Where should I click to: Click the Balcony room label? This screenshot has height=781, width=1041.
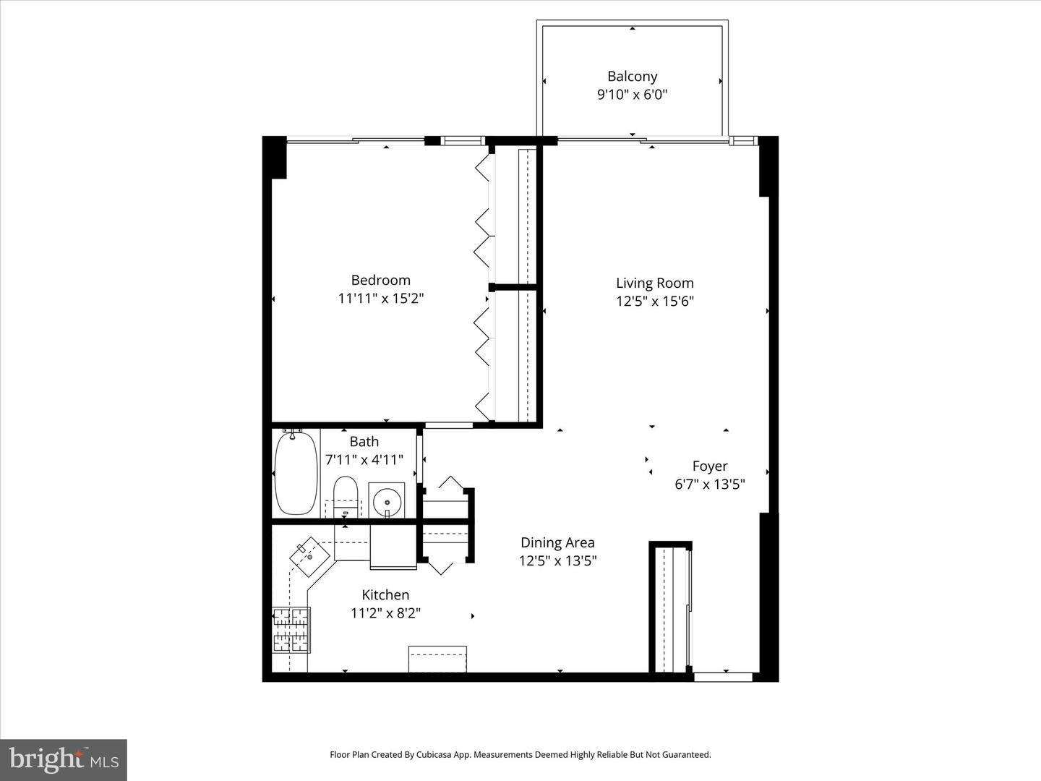(x=632, y=76)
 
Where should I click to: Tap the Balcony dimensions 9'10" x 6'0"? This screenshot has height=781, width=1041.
(x=632, y=95)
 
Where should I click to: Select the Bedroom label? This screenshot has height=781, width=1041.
(x=380, y=280)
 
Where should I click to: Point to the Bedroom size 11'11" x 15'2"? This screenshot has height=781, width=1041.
(x=380, y=298)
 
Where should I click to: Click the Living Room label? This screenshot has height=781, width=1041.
(x=654, y=283)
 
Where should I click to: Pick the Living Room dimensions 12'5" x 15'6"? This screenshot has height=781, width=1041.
(x=654, y=302)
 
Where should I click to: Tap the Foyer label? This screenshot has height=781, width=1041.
(x=709, y=466)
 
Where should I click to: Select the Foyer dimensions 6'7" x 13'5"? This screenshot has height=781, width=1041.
(x=709, y=485)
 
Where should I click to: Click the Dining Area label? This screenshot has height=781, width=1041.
(x=557, y=542)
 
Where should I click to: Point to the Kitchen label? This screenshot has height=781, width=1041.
(x=385, y=594)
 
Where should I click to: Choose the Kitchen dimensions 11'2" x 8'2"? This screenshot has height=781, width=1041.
(x=385, y=613)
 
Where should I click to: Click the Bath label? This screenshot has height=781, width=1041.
(x=364, y=441)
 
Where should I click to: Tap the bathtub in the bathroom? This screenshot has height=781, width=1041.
(x=296, y=472)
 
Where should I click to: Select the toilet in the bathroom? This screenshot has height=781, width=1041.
(x=346, y=495)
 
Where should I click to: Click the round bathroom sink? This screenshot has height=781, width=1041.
(x=387, y=500)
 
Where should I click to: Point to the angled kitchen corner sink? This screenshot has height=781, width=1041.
(x=310, y=555)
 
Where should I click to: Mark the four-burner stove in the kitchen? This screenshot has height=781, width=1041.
(x=291, y=629)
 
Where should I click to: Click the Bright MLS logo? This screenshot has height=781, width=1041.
(x=64, y=759)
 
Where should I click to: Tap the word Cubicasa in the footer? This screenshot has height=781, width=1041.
(x=437, y=755)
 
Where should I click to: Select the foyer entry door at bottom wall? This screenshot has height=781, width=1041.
(x=723, y=678)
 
